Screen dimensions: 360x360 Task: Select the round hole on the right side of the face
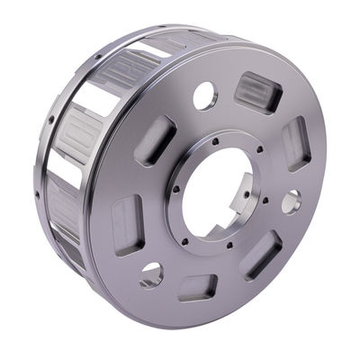coord(291,201)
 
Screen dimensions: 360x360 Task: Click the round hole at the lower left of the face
coord(150,274)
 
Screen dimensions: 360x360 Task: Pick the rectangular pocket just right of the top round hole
coord(258,93)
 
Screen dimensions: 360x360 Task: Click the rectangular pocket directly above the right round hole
coord(296,143)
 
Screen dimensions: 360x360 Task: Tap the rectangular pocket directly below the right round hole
coord(261,255)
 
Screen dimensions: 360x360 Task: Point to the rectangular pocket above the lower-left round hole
coord(127,224)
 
